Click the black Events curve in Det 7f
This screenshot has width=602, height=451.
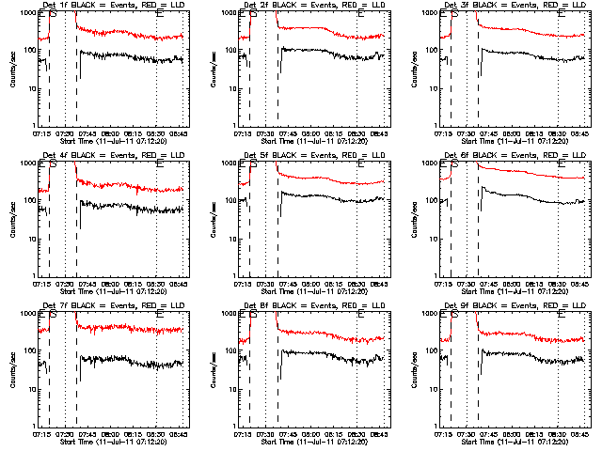122,361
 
